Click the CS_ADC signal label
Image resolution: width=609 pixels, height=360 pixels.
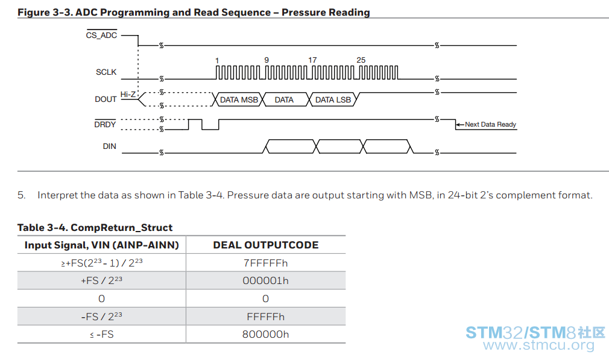(101, 36)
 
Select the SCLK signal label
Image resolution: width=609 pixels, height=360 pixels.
(106, 72)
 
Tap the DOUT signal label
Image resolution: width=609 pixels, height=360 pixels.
(106, 99)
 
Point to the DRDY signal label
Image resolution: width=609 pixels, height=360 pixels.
(105, 124)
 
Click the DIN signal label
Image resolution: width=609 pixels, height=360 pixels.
(110, 147)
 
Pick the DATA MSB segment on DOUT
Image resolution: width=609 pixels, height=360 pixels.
(239, 100)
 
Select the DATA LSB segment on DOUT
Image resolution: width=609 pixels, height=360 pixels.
(333, 100)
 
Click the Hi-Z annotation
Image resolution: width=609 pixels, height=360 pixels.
(128, 94)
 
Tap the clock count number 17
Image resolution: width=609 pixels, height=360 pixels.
(312, 60)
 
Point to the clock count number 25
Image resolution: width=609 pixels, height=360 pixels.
(361, 60)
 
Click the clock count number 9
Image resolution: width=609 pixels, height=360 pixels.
(267, 60)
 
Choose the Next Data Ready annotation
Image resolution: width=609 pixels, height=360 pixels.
(491, 124)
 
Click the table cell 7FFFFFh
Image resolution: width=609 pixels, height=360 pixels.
(266, 263)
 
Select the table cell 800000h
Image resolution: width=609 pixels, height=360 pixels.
(266, 334)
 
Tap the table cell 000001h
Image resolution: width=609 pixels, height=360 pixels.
(266, 280)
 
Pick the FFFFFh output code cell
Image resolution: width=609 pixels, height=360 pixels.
(266, 317)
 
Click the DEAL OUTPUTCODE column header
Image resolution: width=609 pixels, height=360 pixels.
(266, 245)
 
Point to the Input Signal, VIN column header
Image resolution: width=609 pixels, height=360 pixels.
(102, 245)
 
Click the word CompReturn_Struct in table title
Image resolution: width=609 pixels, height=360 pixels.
(122, 227)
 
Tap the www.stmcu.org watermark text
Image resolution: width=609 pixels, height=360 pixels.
(538, 345)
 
